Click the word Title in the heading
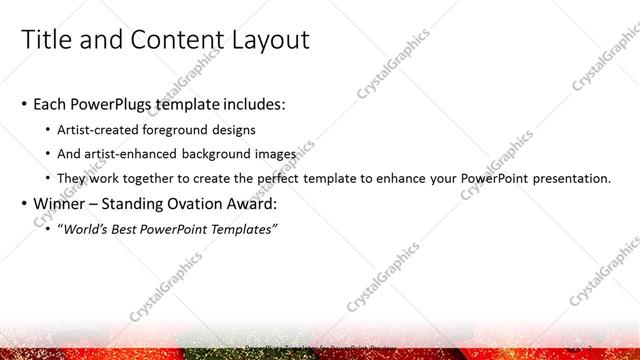46,40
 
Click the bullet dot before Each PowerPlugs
24,104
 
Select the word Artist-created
101,129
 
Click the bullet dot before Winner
24,205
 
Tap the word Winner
59,205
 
